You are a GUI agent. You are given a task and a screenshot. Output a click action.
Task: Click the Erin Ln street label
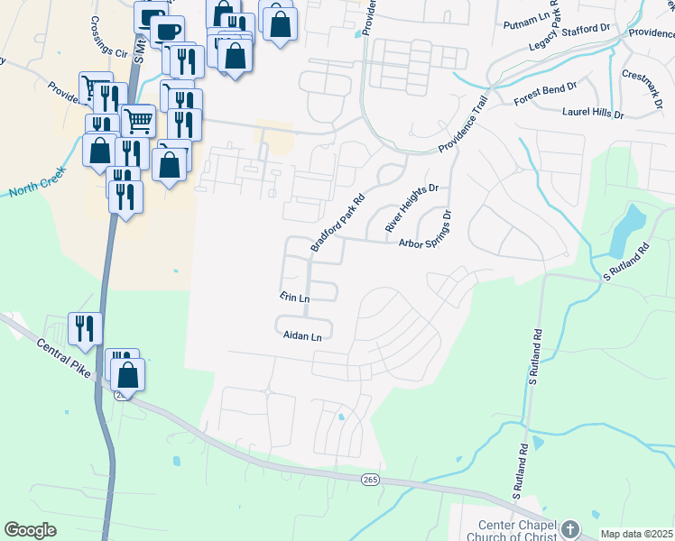pos(294,297)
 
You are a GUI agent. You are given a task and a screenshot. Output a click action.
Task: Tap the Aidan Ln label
pos(302,336)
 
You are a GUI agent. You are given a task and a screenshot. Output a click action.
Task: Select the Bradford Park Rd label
pos(338,222)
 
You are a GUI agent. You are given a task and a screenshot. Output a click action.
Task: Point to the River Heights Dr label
pos(411,208)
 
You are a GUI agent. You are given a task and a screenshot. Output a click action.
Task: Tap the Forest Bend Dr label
pos(544,95)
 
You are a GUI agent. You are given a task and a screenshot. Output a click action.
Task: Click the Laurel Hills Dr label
pos(593,115)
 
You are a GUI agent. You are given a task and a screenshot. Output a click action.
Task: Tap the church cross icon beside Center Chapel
pos(569,529)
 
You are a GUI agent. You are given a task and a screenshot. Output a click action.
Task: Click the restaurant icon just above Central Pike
pos(85,329)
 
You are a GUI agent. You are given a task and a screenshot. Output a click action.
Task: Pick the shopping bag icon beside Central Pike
pos(128,374)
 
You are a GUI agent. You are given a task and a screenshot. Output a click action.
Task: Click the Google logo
pos(30,530)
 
